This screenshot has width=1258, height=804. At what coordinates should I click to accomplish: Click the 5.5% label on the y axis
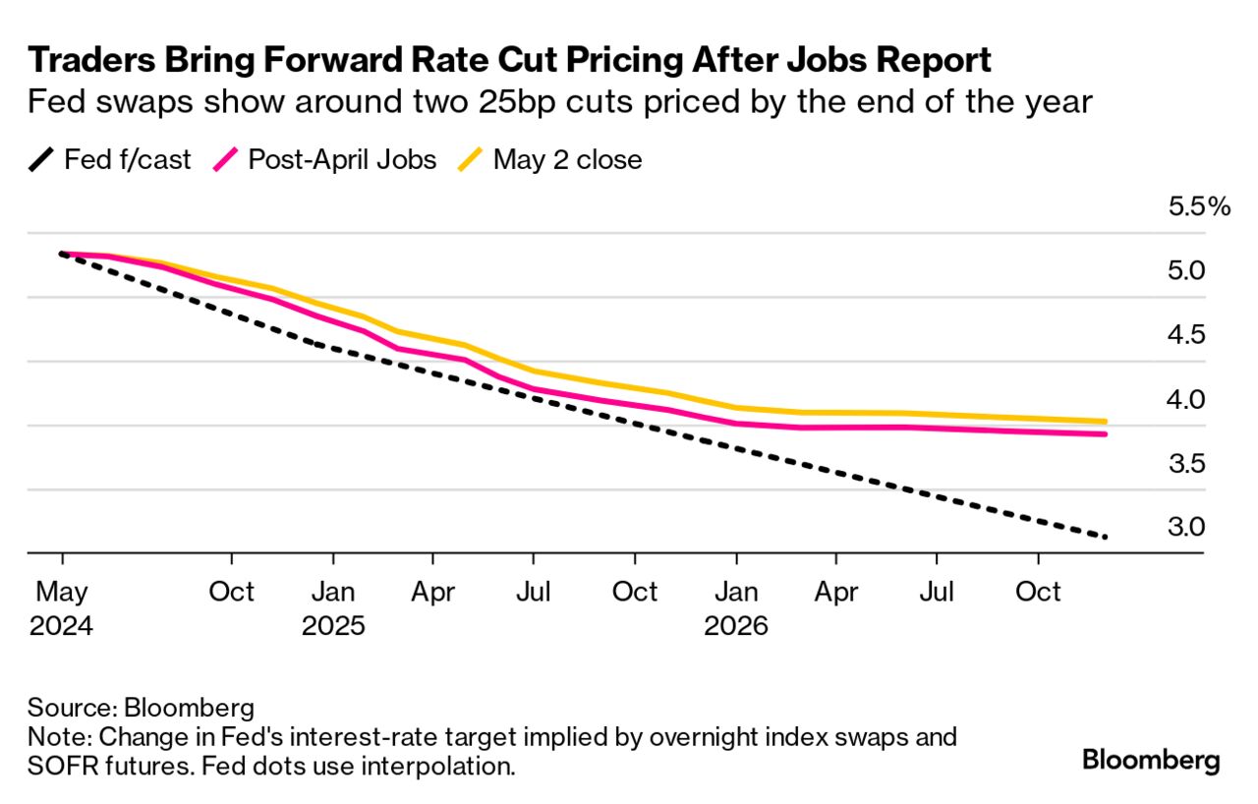coord(1198,206)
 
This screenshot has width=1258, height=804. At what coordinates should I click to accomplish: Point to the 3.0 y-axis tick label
coord(1186,528)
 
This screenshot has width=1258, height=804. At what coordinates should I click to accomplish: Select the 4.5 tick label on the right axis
coord(1186,335)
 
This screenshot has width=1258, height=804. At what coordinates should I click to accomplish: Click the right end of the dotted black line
coord(1107,537)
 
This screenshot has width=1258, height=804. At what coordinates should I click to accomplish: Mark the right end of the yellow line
coord(1107,422)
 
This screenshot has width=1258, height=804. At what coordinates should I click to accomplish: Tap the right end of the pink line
coord(1107,434)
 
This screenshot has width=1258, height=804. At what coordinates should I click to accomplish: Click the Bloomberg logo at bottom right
coord(1151,760)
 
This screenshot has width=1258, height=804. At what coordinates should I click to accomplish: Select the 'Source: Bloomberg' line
coord(142,708)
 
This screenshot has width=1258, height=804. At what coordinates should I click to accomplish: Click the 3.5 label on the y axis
coord(1186,464)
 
